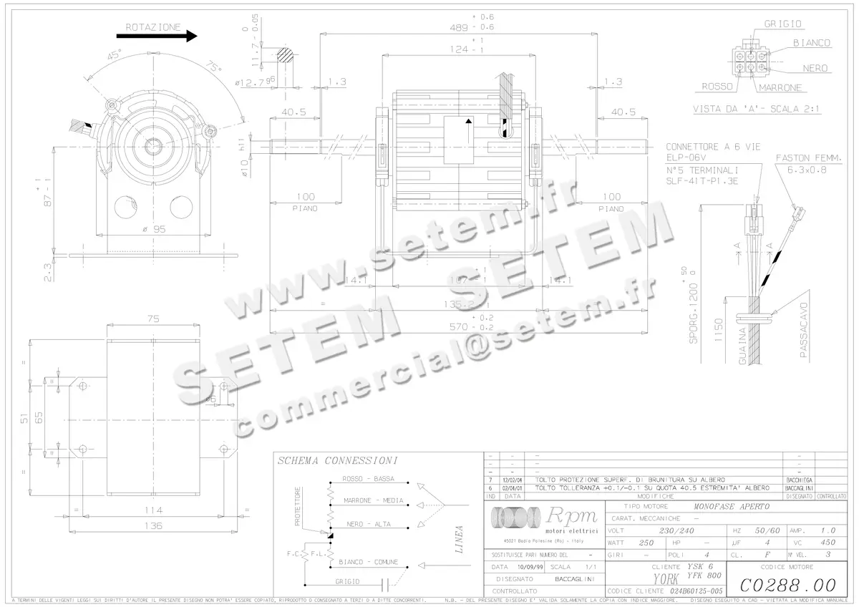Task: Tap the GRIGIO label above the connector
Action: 782,24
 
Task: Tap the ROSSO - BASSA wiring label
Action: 367,479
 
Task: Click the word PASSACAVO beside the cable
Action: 804,333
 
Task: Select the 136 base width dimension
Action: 153,525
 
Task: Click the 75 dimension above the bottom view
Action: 152,320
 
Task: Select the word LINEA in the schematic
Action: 460,540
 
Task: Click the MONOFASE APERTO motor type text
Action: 732,506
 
